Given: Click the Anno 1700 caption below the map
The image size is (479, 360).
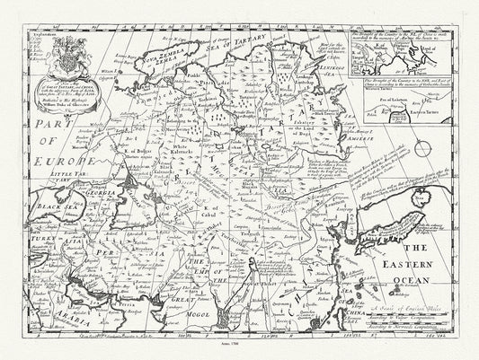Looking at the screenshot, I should click(240, 342).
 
